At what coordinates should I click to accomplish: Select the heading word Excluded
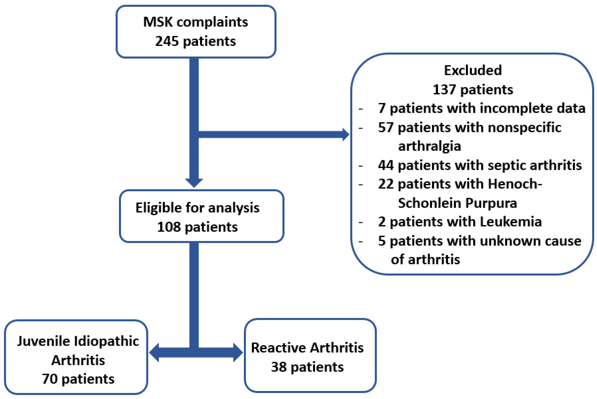coord(473,70)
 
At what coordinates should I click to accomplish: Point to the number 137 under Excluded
coord(444,90)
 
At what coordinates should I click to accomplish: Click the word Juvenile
coord(43,341)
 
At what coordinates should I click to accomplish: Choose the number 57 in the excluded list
coord(386,127)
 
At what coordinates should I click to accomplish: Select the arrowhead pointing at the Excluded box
coord(346,135)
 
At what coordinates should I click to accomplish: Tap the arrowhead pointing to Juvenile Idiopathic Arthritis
coord(154,353)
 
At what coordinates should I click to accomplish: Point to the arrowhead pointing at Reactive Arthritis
coord(238,353)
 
